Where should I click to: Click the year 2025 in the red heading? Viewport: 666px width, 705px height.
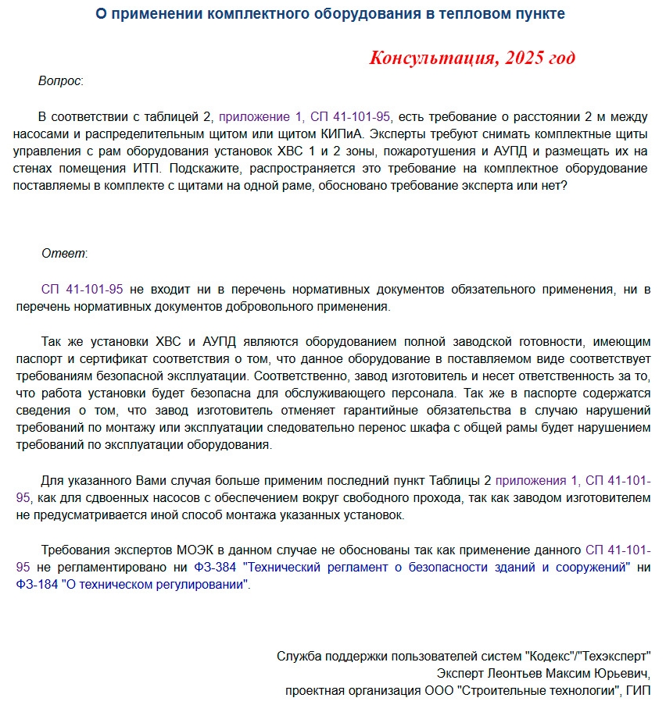[527, 58]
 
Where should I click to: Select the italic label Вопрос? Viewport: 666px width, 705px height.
[59, 81]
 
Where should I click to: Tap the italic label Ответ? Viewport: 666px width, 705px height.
[64, 253]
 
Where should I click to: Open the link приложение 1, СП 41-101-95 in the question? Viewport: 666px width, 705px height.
[304, 117]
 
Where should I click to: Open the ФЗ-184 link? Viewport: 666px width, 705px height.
[34, 584]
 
